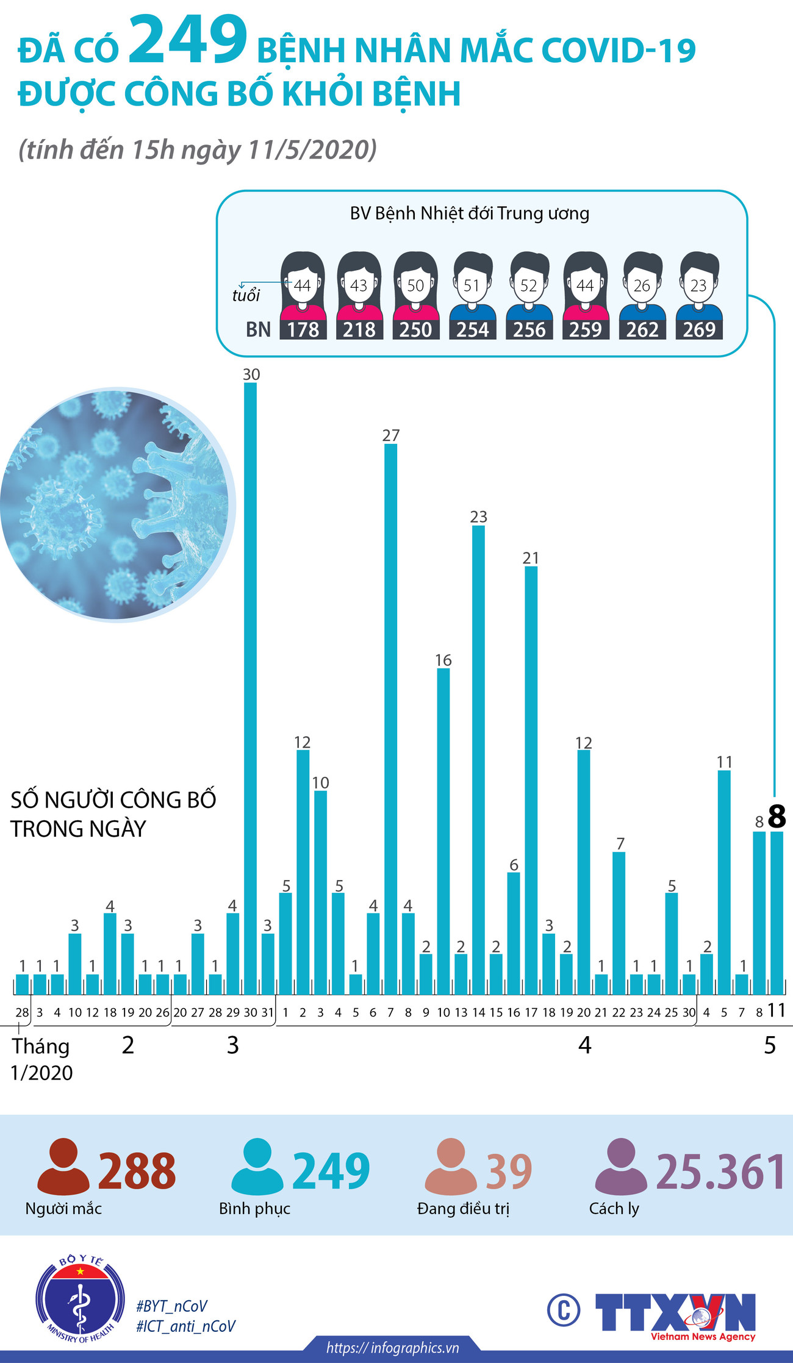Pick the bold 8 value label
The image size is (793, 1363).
point(777,816)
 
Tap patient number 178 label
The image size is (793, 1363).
point(303,330)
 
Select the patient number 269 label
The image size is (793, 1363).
point(699,330)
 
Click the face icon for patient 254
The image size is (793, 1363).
point(472,284)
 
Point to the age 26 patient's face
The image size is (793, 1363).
point(642,284)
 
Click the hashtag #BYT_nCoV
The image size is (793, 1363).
point(171,1306)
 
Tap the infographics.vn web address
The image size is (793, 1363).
point(392,1347)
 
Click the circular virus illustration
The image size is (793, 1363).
point(116,505)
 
